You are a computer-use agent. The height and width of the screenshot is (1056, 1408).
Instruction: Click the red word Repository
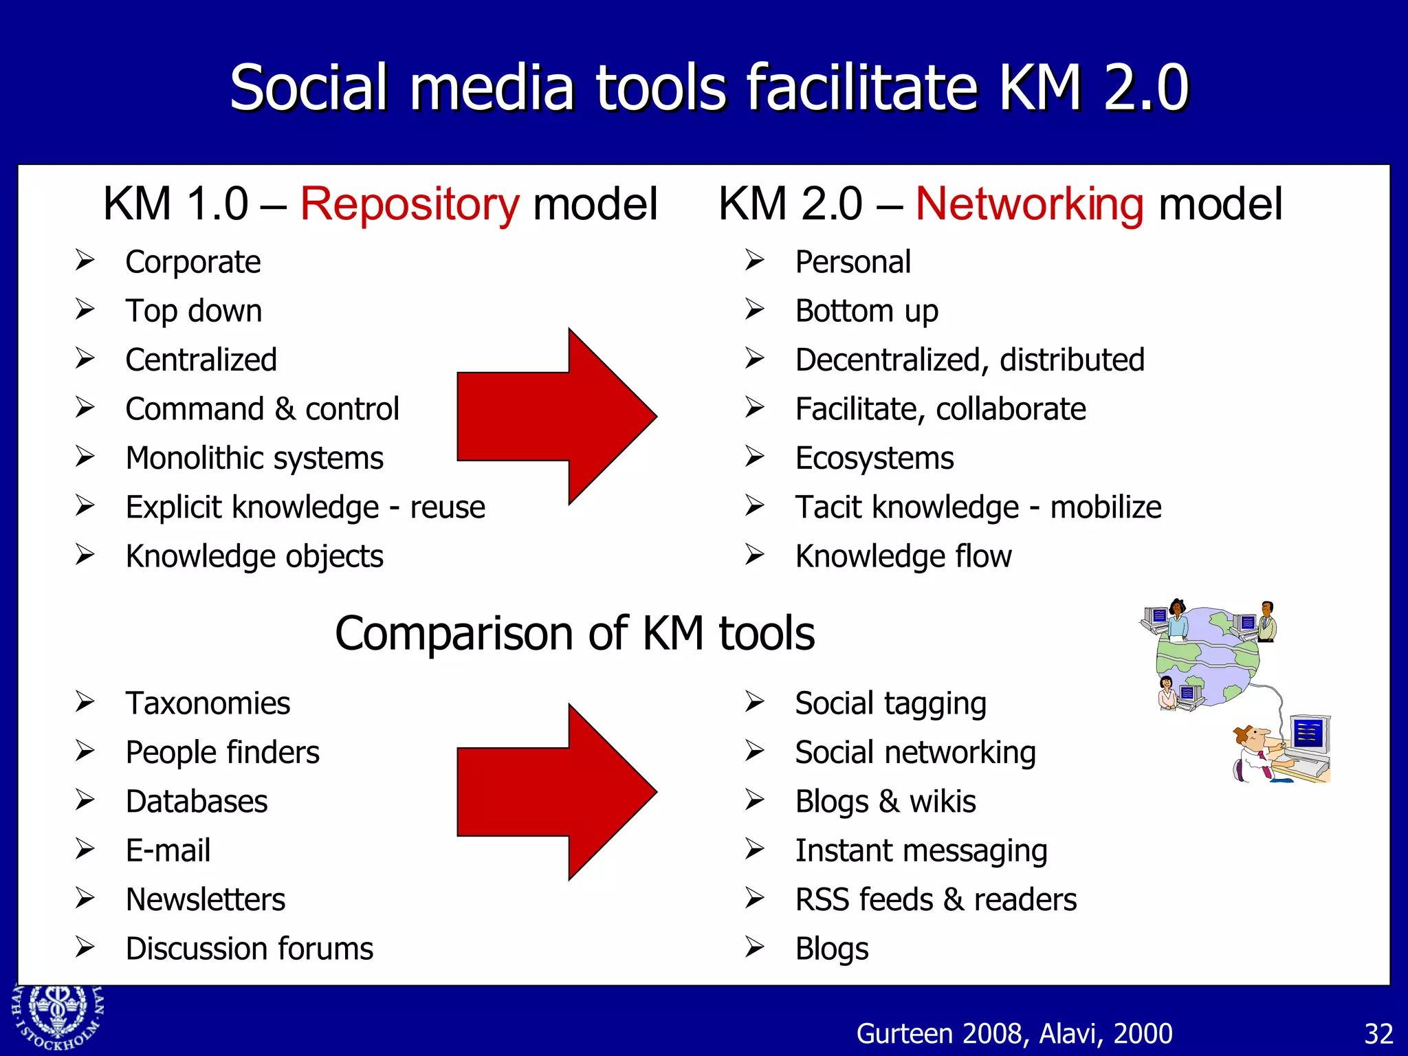pos(410,205)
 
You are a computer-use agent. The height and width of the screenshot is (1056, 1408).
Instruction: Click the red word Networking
pos(1029,205)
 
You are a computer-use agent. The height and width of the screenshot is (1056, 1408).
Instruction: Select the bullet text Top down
pos(194,311)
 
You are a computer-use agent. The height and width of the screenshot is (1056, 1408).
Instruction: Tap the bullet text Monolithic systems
pos(254,459)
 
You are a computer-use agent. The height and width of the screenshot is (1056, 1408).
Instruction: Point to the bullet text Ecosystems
pos(874,459)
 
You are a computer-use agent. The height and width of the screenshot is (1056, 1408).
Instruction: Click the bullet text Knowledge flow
pos(903,556)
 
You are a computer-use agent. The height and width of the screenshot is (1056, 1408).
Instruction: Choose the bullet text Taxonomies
pos(208,703)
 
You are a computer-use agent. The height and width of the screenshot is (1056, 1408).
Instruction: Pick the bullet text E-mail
pos(168,850)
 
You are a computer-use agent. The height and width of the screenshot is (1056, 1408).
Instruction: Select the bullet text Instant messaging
pos(921,851)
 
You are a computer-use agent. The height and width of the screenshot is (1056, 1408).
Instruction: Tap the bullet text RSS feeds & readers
pos(936,900)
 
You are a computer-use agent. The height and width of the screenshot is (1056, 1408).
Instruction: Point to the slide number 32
pos(1378,1034)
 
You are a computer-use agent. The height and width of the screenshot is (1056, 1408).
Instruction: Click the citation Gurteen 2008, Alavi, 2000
pos(1014,1034)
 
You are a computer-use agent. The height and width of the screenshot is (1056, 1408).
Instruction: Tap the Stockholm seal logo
pos(56,1017)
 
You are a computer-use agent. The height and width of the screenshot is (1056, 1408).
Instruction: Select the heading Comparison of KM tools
pos(575,633)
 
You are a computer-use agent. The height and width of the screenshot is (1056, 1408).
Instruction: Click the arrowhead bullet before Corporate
pos(85,261)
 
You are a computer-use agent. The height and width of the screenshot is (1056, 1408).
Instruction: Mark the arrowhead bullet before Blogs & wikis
pos(755,801)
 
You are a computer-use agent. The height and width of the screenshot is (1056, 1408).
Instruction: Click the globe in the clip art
pos(1208,657)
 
